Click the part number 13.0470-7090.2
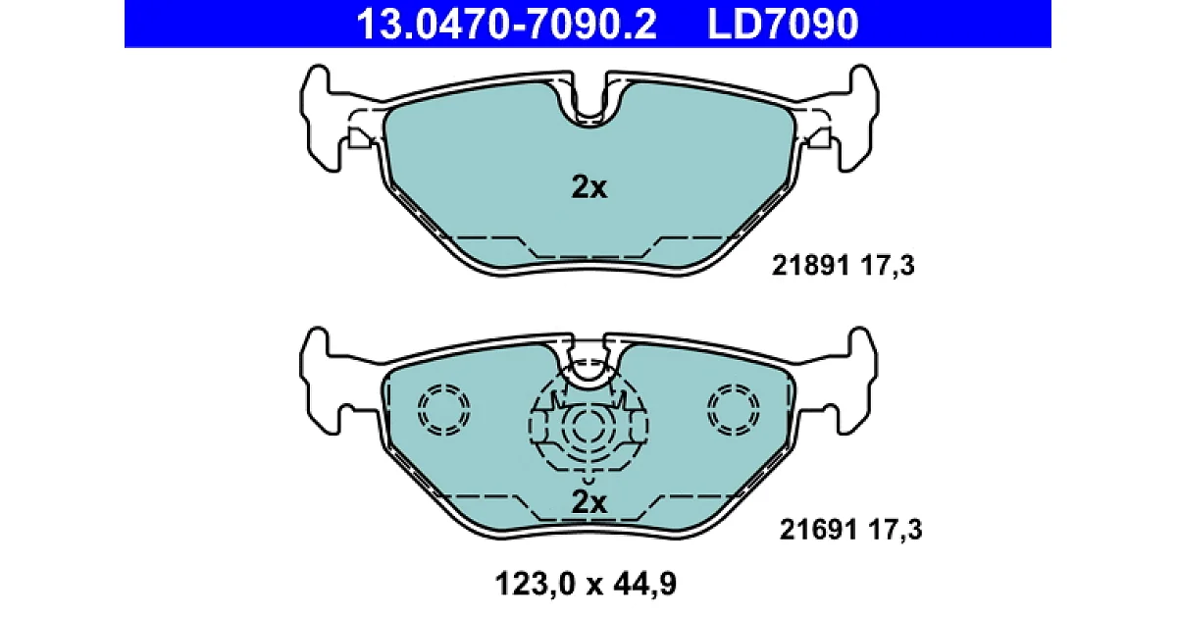click(x=506, y=25)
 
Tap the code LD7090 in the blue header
click(x=783, y=25)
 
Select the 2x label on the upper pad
click(x=589, y=187)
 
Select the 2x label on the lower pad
click(x=589, y=502)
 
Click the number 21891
click(x=810, y=266)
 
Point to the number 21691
click(x=818, y=529)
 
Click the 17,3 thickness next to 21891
click(x=889, y=266)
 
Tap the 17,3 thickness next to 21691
click(x=896, y=530)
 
